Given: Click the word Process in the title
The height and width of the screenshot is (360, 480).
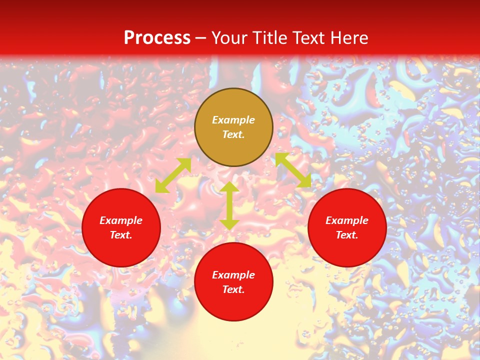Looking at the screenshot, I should (157, 38).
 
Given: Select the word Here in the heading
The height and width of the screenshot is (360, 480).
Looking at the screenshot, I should (349, 38).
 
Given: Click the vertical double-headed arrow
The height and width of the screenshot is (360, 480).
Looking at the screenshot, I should (229, 205).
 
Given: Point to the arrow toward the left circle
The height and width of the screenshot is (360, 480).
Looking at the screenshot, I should (173, 175).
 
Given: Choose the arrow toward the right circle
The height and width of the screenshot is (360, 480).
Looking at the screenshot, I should (293, 170).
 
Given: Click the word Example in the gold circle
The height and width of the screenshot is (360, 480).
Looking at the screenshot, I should (233, 120).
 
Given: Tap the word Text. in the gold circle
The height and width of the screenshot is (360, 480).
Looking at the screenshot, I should (233, 134).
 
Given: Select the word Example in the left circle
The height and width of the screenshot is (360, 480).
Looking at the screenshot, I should (121, 220).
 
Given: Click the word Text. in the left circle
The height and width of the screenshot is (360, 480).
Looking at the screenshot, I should (121, 235).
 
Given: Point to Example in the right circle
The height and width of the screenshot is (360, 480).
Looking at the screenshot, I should (347, 220).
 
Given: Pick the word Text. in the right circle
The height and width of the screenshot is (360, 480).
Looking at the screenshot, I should (347, 235).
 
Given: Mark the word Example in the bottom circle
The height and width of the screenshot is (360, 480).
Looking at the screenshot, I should (233, 275).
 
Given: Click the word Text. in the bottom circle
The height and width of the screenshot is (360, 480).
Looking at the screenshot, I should (233, 289).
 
